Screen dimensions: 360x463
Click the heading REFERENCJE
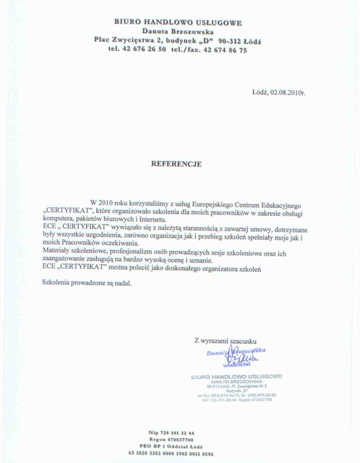pyautogui.click(x=176, y=163)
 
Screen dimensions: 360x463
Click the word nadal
pyautogui.click(x=120, y=282)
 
